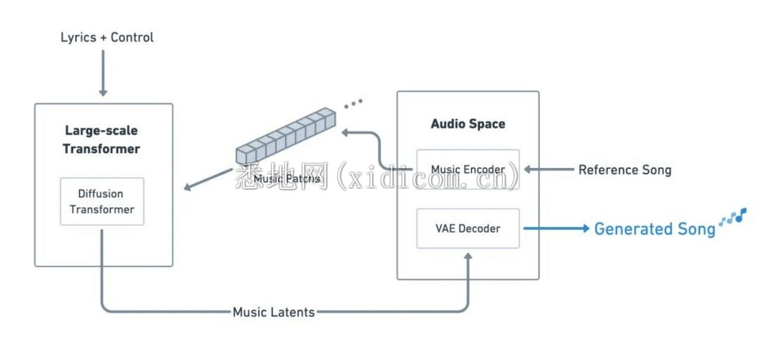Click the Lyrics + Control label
click(107, 37)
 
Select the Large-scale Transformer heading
click(102, 140)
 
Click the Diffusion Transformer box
click(102, 201)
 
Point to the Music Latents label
click(274, 312)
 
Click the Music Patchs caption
click(286, 178)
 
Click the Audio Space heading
click(468, 124)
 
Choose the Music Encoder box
click(468, 169)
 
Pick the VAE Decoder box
click(468, 228)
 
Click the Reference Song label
click(625, 170)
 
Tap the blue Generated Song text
click(654, 229)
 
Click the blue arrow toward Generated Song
click(555, 228)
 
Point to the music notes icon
click(733, 217)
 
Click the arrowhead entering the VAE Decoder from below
click(468, 257)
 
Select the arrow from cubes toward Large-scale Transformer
click(208, 179)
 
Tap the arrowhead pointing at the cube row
click(344, 132)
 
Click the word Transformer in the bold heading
click(102, 149)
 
